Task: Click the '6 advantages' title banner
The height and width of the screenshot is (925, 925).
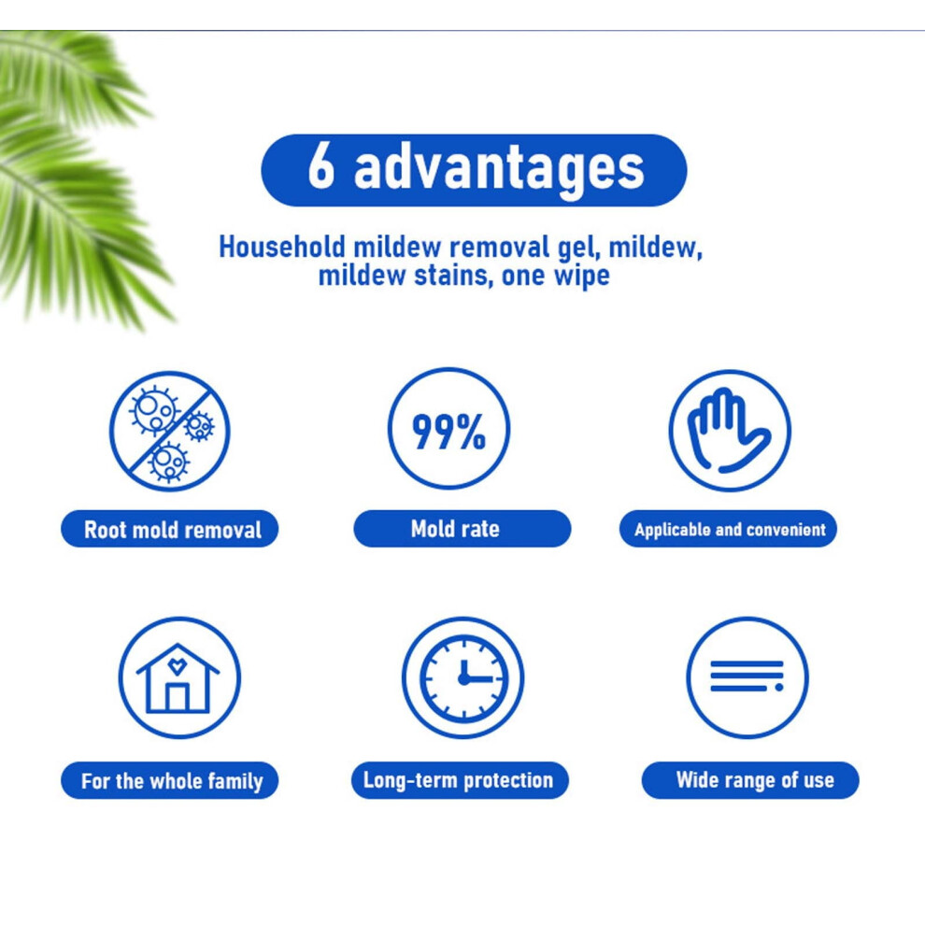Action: pos(474,170)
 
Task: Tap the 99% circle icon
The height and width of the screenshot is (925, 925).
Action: pos(448,430)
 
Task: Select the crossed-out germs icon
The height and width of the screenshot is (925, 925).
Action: pos(170,431)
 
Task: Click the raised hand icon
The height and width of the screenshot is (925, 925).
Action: pos(729,431)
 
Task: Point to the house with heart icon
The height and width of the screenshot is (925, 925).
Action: pos(179,677)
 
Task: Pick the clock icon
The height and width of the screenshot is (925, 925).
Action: pos(463,677)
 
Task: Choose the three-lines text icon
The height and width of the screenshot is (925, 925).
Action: pos(747,677)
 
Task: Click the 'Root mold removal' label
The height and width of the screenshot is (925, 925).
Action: pos(170,529)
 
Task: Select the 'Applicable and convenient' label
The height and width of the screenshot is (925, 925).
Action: pos(728,529)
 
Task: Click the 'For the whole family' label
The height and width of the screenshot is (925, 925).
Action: pos(170,780)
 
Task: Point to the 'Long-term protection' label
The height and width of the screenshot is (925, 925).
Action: pos(460,780)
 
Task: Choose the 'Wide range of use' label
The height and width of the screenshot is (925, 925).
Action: pos(750,780)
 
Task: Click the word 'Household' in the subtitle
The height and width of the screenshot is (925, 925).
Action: pos(282,247)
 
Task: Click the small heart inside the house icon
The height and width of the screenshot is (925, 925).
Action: pos(177,666)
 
